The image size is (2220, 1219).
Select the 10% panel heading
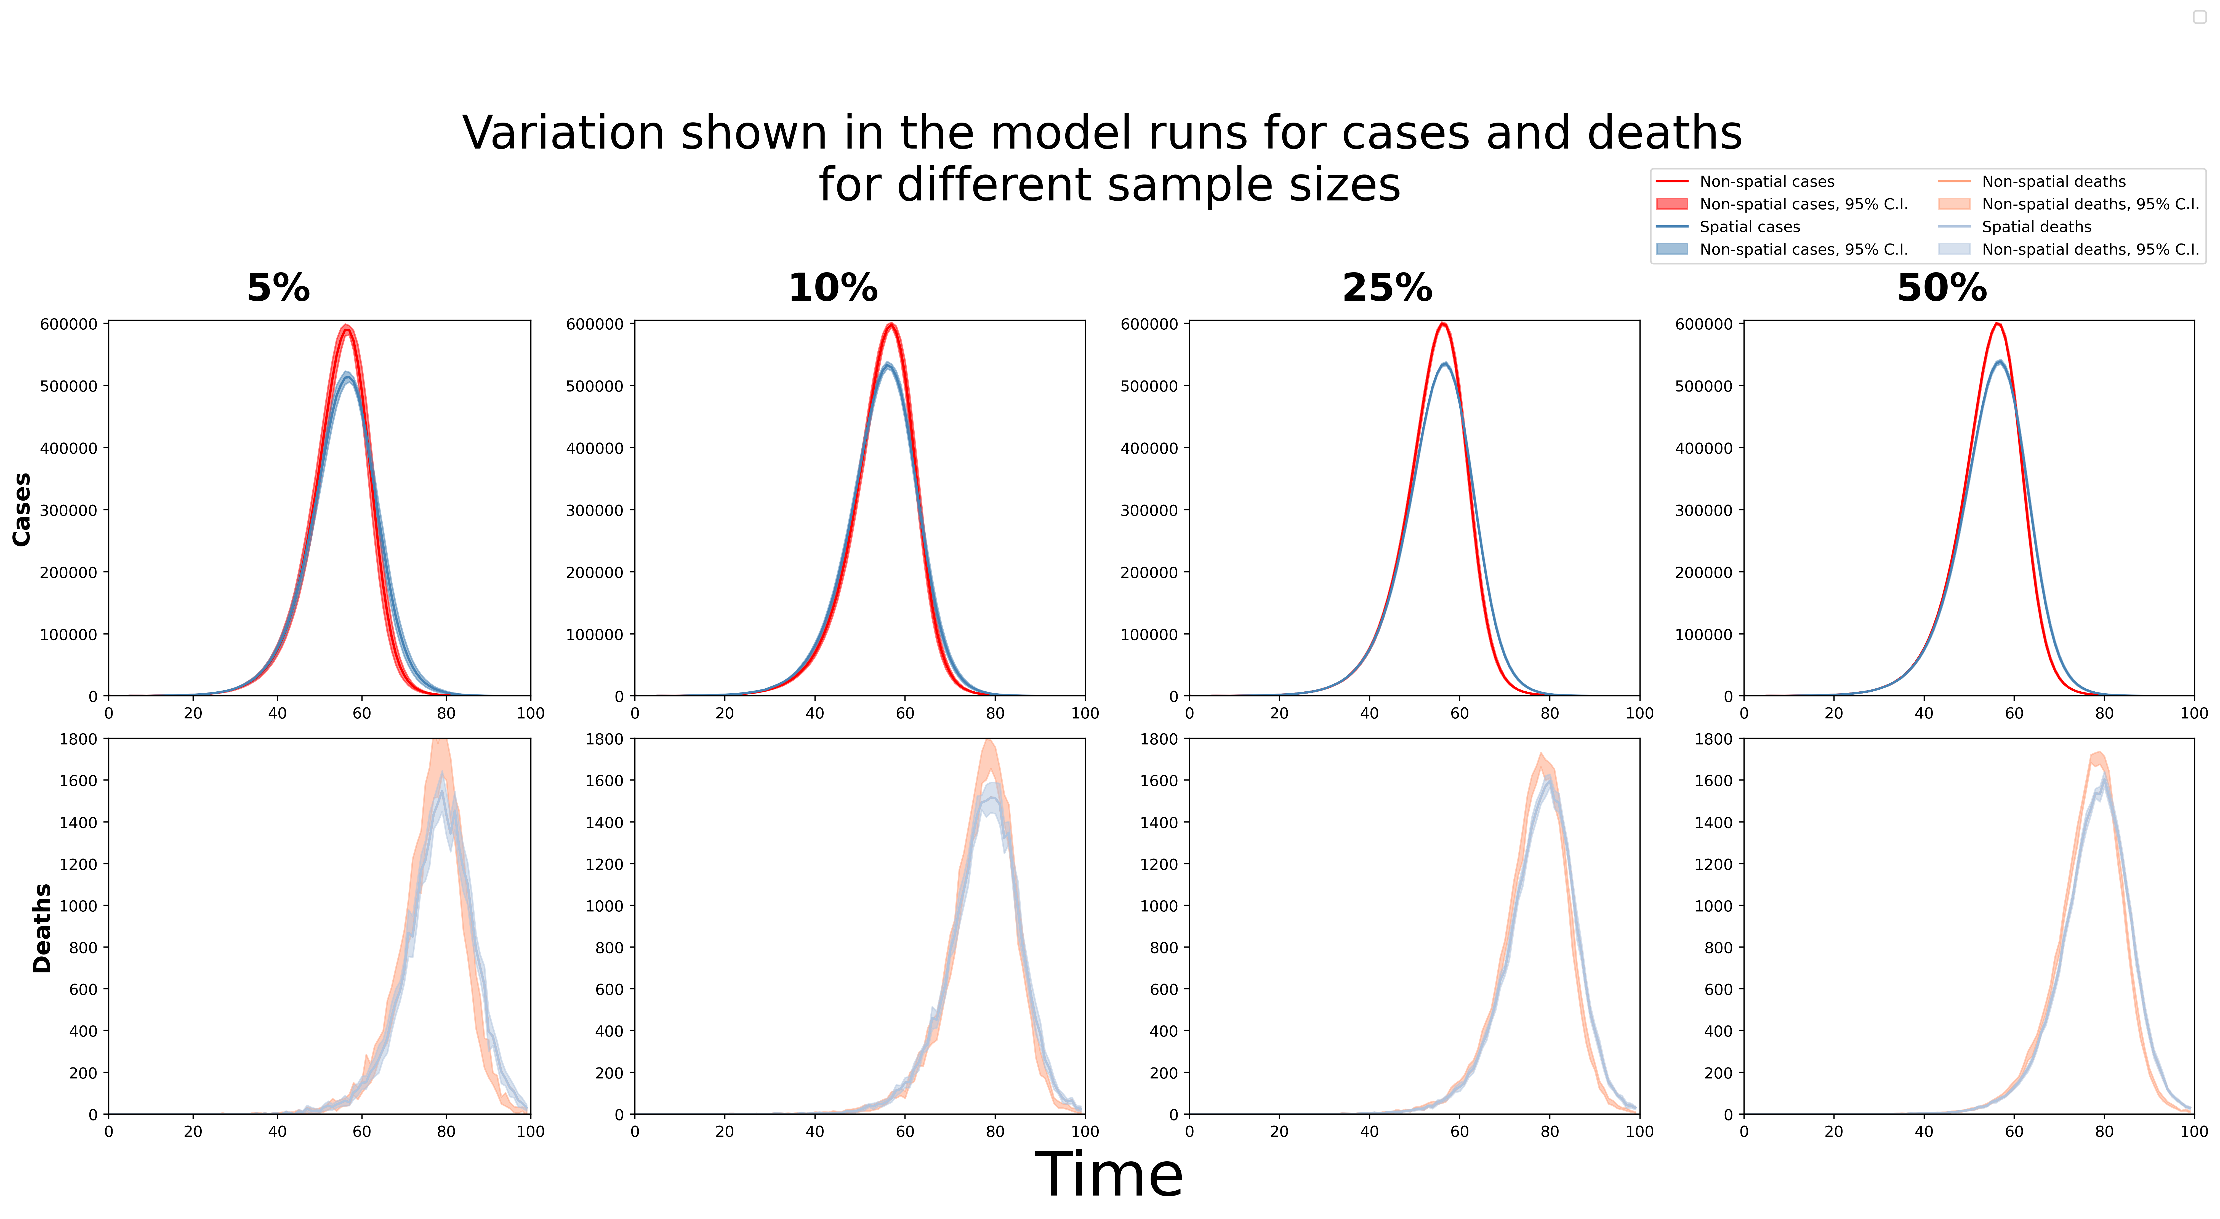(x=832, y=288)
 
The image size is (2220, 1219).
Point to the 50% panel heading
(x=1942, y=288)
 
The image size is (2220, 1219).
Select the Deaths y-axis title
(x=41, y=928)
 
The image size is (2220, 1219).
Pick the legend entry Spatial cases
(x=1750, y=227)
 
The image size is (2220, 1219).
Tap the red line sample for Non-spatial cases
(x=1672, y=182)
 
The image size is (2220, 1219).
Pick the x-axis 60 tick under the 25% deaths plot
(x=1459, y=1131)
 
